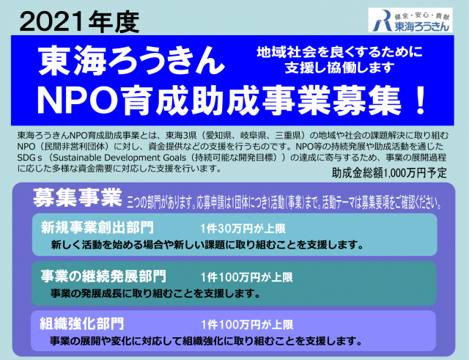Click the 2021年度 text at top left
click(79, 23)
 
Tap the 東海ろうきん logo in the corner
click(410, 20)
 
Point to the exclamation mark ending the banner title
click(421, 100)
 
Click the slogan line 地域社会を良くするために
click(339, 52)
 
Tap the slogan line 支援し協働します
click(339, 67)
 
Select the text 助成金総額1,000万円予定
click(389, 173)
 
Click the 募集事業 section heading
click(78, 197)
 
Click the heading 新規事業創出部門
click(97, 227)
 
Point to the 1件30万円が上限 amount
click(243, 229)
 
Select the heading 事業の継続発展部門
click(103, 276)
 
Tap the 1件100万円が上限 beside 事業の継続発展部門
click(246, 277)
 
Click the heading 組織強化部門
click(81, 324)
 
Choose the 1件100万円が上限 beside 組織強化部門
click(247, 325)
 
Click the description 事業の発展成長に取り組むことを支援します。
click(155, 293)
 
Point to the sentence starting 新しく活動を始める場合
click(207, 245)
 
